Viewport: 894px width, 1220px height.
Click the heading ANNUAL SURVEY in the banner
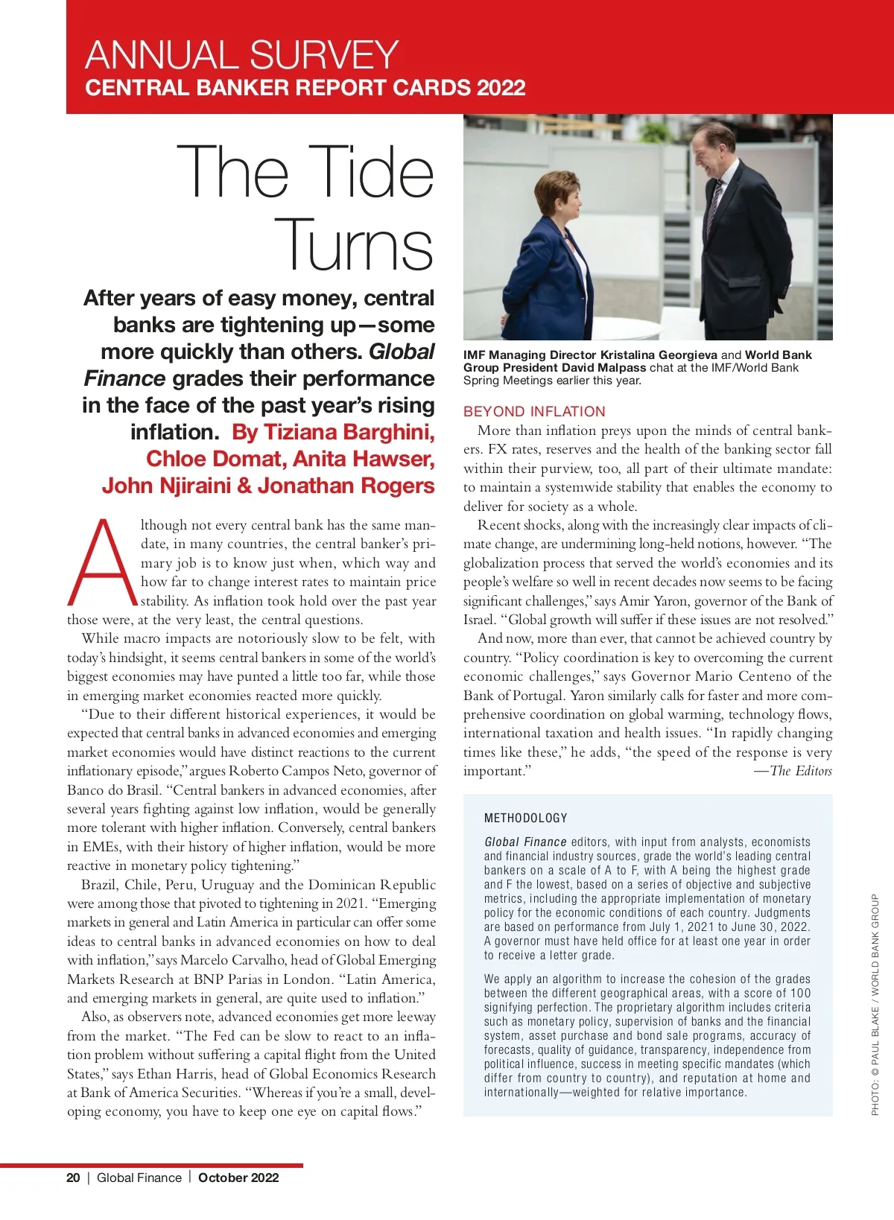[242, 55]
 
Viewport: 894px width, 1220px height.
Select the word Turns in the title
[355, 244]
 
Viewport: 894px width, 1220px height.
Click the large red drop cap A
[103, 563]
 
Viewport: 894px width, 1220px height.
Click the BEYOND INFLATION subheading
[534, 411]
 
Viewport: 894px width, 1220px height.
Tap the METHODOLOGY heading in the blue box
[525, 818]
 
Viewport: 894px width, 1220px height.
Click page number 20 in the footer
[73, 1178]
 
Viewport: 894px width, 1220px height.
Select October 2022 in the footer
[238, 1178]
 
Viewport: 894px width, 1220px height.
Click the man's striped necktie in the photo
[714, 201]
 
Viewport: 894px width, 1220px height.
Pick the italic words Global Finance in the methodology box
[525, 842]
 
